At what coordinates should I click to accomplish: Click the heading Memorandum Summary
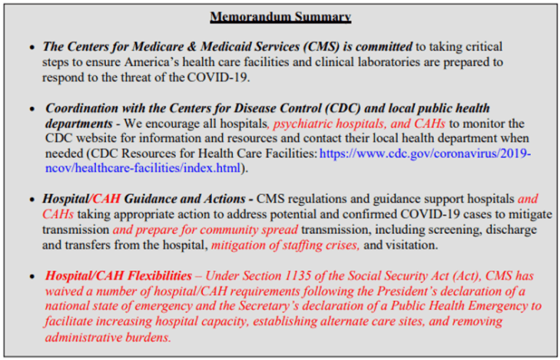coord(280,16)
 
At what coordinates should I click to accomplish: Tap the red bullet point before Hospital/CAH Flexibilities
coord(32,276)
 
